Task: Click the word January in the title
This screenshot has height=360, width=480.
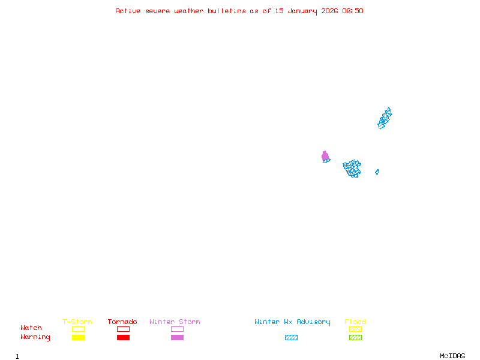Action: click(302, 11)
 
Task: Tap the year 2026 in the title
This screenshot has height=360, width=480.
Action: click(329, 11)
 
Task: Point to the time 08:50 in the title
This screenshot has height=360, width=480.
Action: click(353, 11)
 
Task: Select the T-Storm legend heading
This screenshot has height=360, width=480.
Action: click(77, 322)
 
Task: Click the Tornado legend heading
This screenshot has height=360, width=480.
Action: click(122, 322)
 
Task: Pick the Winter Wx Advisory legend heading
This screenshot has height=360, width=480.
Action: click(292, 322)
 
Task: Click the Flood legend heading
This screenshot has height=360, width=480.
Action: click(355, 322)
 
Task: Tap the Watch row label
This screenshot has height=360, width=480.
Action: click(31, 328)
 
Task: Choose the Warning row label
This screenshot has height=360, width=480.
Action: click(35, 337)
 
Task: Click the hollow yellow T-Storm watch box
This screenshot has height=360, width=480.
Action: click(79, 329)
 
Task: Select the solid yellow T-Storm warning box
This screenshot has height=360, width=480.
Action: click(79, 338)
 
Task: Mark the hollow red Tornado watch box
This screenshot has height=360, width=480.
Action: click(124, 329)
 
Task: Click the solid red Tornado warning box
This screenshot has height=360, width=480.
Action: click(124, 338)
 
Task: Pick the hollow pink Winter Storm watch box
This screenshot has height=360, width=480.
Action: click(177, 329)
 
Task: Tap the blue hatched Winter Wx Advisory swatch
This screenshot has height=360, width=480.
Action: click(291, 338)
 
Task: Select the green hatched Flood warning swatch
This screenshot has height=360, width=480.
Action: click(355, 338)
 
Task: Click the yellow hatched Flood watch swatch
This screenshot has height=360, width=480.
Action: click(355, 329)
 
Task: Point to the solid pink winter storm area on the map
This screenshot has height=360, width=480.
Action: click(325, 156)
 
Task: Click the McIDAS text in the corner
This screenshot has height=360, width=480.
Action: click(452, 356)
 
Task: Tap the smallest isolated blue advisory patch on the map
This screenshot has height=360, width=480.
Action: click(377, 172)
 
